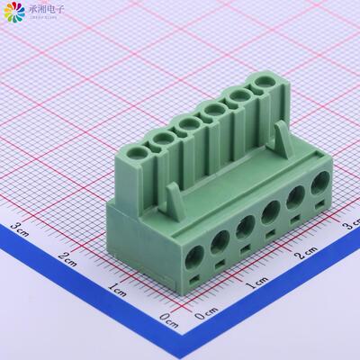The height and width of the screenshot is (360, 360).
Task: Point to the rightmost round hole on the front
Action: [x=319, y=190]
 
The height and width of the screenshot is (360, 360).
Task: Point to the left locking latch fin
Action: [x=174, y=199]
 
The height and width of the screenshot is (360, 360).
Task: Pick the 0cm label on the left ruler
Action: [x=167, y=317]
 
